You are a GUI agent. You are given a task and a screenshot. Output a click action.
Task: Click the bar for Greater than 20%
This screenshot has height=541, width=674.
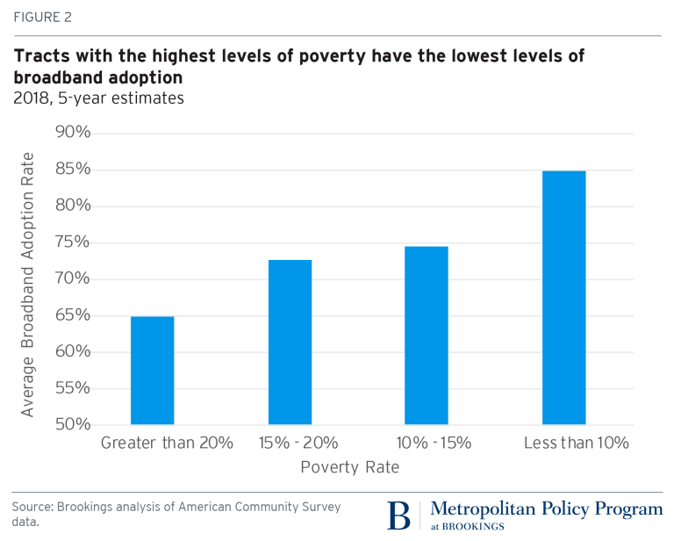[x=152, y=371]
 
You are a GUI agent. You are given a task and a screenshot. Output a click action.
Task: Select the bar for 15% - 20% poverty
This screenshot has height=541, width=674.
[x=290, y=343]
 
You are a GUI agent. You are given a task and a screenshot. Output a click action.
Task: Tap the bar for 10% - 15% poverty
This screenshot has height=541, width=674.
[x=427, y=335]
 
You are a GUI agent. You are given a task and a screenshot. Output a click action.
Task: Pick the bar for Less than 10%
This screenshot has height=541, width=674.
[x=563, y=298]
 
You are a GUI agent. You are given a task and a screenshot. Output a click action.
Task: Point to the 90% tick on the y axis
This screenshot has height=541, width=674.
[x=74, y=133]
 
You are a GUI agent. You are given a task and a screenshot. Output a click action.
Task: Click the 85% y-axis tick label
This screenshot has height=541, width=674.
[x=74, y=170]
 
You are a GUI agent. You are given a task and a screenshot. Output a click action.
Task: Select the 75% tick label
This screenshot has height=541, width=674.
[x=74, y=242]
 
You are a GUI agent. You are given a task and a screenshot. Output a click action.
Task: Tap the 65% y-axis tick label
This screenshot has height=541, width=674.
[x=74, y=315]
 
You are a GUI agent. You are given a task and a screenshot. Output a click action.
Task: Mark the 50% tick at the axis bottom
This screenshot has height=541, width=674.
[x=74, y=425]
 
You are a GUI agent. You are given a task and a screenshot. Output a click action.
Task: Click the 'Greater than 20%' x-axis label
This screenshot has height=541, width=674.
[x=167, y=443]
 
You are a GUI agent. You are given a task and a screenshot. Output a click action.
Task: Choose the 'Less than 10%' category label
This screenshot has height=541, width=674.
[x=577, y=443]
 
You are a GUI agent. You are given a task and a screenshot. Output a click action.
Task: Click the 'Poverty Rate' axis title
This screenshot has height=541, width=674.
[x=349, y=467]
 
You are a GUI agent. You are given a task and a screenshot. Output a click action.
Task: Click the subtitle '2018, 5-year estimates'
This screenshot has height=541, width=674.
[x=98, y=97]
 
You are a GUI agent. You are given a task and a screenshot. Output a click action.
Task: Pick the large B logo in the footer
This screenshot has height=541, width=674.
[x=399, y=516]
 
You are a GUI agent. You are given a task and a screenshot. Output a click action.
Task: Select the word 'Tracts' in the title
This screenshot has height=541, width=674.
[x=39, y=56]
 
